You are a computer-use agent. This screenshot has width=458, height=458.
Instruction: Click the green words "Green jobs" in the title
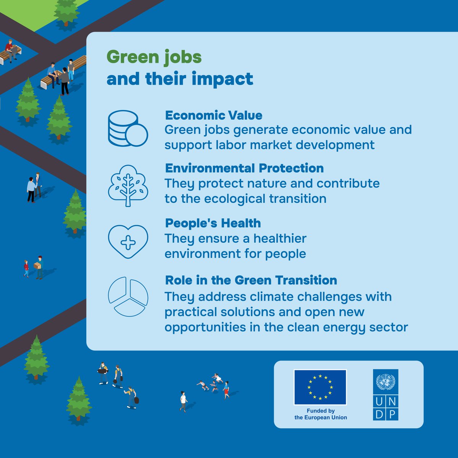click(154, 57)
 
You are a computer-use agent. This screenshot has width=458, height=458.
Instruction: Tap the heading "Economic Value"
click(213, 115)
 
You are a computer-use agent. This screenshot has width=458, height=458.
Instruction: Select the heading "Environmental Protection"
click(244, 168)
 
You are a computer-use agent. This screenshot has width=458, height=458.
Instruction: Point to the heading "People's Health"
click(213, 223)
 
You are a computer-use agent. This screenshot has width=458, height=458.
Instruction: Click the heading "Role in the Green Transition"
click(251, 280)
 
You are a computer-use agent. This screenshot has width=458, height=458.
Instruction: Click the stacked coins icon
click(127, 129)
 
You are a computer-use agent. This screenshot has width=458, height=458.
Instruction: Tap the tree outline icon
click(128, 185)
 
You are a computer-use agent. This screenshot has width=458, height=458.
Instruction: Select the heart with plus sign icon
click(128, 242)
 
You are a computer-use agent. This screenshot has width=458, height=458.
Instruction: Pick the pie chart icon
click(128, 297)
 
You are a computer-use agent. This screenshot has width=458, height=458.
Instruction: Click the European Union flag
click(320, 387)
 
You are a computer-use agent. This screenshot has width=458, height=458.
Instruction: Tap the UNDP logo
click(385, 395)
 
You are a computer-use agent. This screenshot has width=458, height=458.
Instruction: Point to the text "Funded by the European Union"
click(321, 414)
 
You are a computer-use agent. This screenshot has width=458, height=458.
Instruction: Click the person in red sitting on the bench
click(9, 50)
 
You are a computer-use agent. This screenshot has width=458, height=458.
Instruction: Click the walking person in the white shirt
click(184, 401)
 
